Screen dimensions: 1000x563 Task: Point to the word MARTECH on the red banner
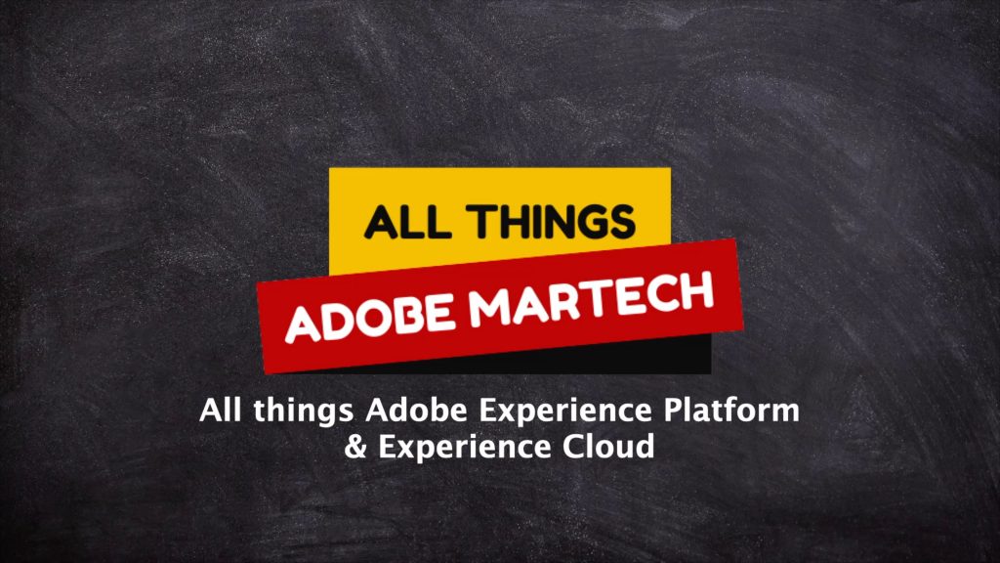(x=591, y=298)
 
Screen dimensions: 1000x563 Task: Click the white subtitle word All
(x=221, y=410)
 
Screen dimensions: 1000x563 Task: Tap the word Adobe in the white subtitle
(x=416, y=410)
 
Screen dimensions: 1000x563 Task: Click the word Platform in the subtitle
(x=731, y=410)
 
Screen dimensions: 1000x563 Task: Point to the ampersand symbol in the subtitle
(x=355, y=446)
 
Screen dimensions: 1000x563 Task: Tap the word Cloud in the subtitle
(x=608, y=446)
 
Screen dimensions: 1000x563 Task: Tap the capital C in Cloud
(x=572, y=446)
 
